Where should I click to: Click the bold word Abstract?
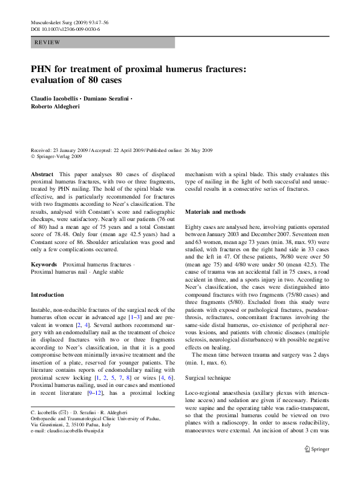pos(41,173)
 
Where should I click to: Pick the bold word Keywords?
pos(44,265)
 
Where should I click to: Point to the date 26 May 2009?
pos(181,150)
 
